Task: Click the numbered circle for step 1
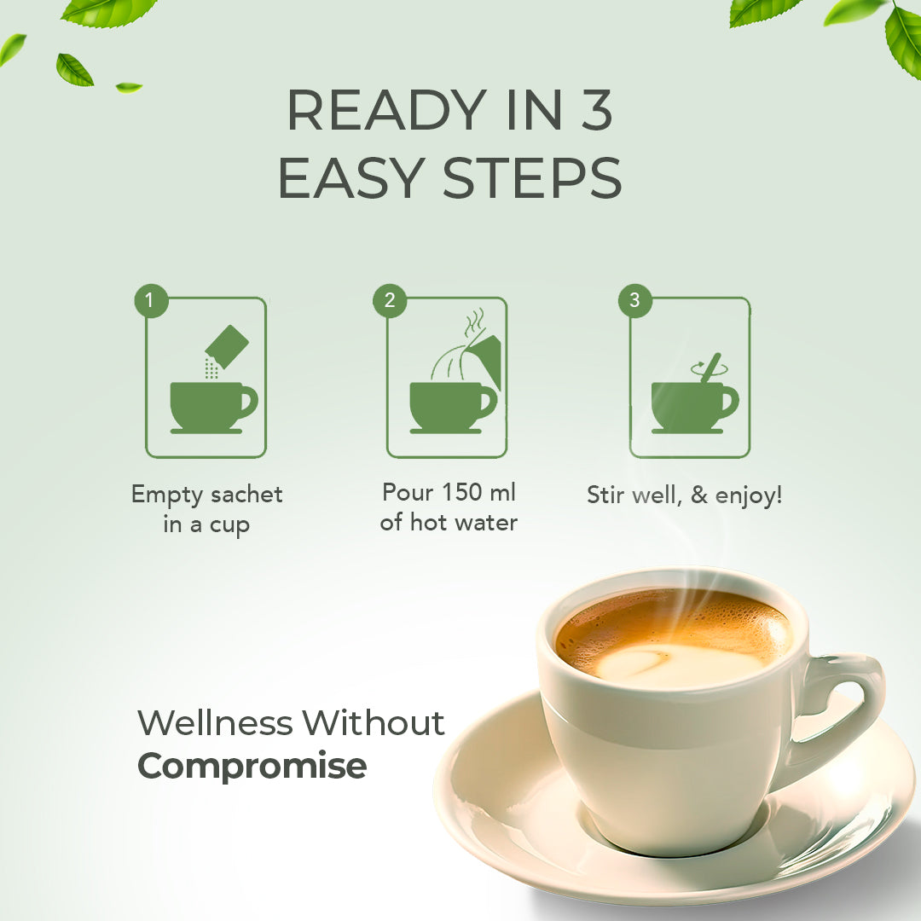[151, 301]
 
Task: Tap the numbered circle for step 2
[390, 301]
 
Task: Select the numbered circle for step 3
[635, 301]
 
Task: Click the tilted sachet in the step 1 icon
[228, 346]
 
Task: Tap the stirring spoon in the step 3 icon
[710, 367]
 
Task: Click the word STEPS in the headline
[531, 178]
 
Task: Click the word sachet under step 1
[246, 495]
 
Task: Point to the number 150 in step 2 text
[462, 492]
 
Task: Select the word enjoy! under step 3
[749, 495]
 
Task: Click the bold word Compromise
[252, 767]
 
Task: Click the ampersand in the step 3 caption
[699, 495]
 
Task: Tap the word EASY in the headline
[351, 178]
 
